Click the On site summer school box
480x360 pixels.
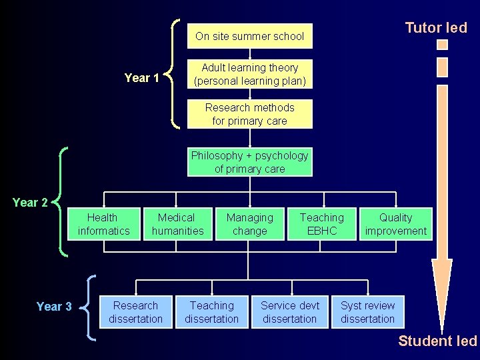(249, 37)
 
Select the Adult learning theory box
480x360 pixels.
(249, 74)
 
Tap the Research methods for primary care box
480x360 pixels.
(249, 114)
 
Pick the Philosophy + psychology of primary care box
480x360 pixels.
(249, 162)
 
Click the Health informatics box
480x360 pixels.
(103, 224)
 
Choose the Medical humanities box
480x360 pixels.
(177, 224)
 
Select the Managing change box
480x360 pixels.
(249, 224)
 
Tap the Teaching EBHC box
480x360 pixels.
(322, 224)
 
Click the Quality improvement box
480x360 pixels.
(396, 224)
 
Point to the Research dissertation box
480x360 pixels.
(136, 312)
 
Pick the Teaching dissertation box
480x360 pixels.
(212, 312)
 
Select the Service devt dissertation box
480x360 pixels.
(290, 312)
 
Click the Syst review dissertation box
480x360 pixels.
(368, 312)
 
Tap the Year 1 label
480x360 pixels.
(142, 78)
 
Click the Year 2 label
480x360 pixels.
(30, 203)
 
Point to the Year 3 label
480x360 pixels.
(54, 307)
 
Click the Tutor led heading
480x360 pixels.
(436, 28)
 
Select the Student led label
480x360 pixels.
(437, 341)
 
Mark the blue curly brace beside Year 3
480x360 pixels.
(90, 308)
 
